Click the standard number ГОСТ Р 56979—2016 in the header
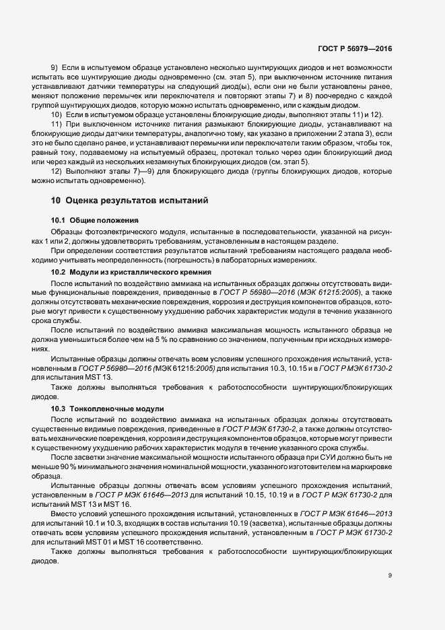pos(355,49)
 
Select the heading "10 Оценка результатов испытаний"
pos(124,201)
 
